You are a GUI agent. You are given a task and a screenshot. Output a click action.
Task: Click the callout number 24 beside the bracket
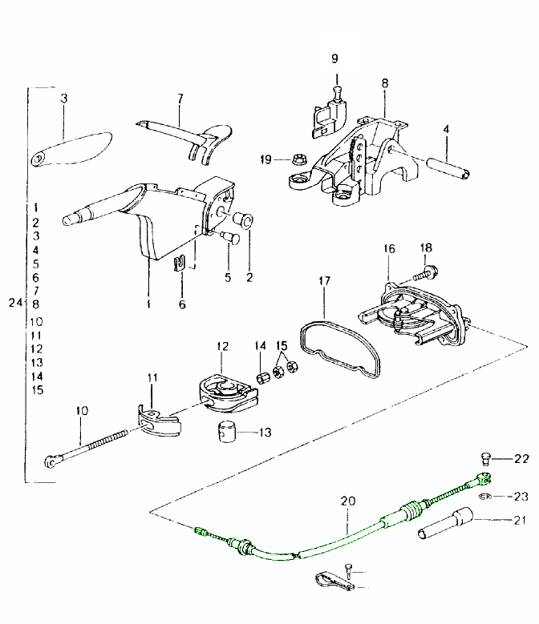click(13, 304)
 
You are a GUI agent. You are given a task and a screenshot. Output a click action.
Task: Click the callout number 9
click(335, 58)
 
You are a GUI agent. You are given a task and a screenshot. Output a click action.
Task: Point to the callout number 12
click(222, 346)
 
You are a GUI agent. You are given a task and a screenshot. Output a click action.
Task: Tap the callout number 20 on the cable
click(347, 501)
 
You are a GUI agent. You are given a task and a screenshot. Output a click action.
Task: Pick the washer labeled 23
click(485, 497)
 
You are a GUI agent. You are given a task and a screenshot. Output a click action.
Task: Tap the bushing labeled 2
click(244, 221)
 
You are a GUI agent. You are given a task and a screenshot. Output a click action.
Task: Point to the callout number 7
click(180, 99)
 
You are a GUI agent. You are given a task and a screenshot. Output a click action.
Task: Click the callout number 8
click(385, 83)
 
